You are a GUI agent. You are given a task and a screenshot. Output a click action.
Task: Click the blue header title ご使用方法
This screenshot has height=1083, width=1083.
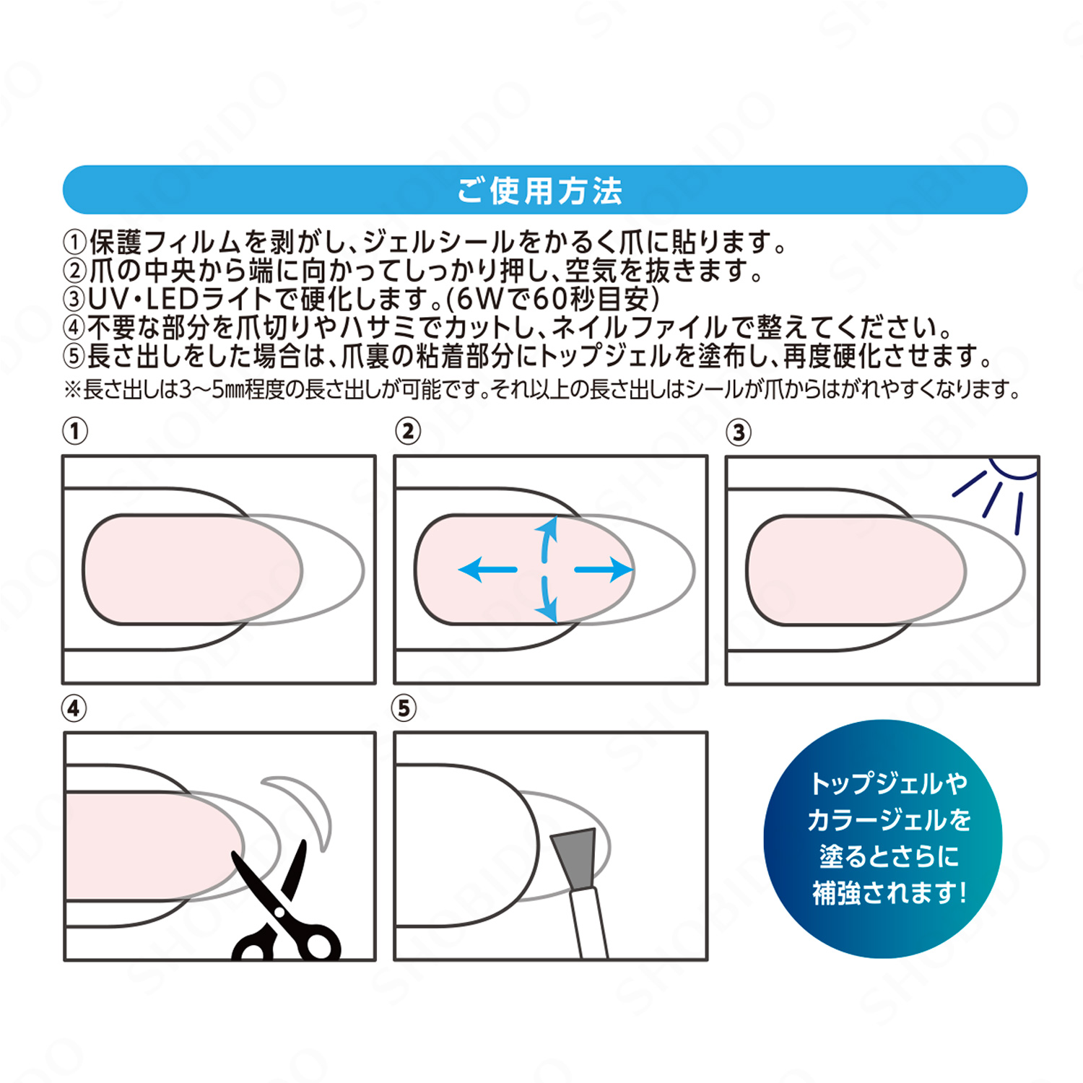coord(540,191)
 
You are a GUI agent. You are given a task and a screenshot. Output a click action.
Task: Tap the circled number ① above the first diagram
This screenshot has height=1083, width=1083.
coord(75,431)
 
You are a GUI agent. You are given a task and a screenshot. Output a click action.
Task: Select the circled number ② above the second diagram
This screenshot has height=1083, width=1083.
coord(408,431)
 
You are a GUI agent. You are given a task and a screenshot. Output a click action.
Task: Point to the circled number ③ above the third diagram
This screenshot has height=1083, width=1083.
coord(739,432)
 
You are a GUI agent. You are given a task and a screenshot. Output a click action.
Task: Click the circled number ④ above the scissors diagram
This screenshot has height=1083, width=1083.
coord(74,708)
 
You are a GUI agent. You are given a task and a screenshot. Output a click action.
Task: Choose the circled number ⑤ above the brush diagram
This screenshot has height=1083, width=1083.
coord(404,708)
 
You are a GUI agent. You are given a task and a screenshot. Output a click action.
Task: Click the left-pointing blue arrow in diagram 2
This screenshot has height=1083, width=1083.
coord(488,570)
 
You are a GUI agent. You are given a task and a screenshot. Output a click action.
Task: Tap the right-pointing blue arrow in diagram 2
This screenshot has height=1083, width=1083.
coord(604,570)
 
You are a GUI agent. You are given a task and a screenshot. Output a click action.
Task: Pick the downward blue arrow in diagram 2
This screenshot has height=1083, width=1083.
coord(547,599)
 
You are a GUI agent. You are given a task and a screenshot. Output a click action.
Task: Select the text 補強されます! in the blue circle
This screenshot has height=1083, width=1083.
coord(890,893)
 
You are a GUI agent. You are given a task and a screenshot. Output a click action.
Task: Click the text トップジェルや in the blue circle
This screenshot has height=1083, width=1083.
coord(889,783)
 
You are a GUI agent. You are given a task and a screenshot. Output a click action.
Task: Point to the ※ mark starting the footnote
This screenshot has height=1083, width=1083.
coord(73,390)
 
